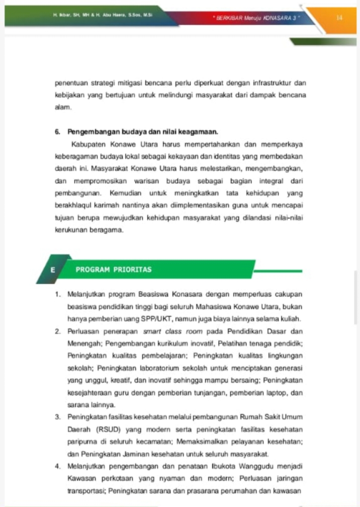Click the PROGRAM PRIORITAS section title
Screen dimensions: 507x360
click(113, 269)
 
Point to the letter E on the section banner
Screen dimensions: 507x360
click(53, 270)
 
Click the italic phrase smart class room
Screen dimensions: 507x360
click(172, 331)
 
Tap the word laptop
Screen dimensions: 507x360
click(282, 392)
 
